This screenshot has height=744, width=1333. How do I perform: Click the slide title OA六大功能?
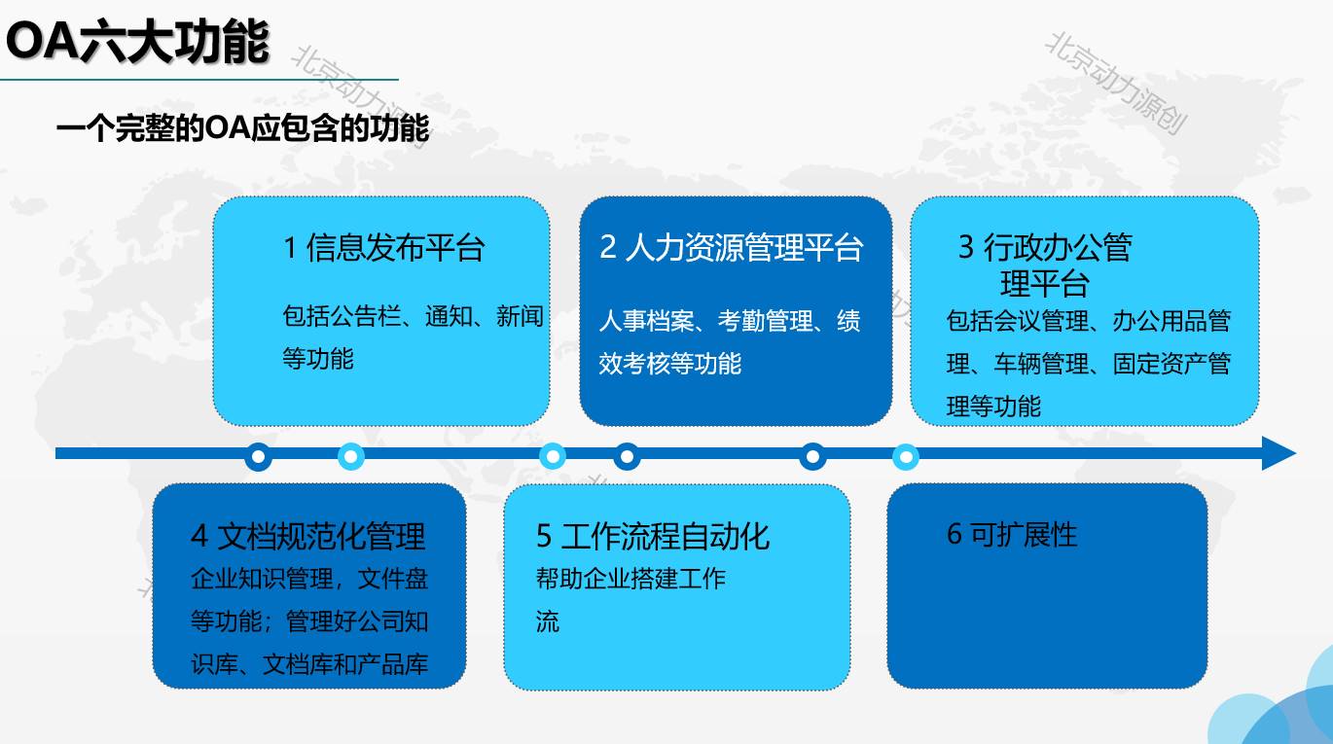tap(137, 41)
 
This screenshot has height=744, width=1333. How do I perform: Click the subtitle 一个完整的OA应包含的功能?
tap(242, 127)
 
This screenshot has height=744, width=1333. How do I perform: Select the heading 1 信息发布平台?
tap(383, 247)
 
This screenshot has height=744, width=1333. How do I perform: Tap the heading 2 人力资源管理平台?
tap(732, 247)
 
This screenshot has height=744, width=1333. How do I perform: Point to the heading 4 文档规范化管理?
tap(308, 536)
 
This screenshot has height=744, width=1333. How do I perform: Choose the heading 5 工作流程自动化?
tap(653, 536)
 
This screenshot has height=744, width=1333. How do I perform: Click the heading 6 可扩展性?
tap(1012, 534)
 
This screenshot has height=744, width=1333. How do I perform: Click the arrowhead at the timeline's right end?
tap(1279, 453)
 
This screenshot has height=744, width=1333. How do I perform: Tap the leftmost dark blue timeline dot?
tap(258, 457)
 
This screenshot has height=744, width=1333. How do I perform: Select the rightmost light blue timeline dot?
tap(906, 457)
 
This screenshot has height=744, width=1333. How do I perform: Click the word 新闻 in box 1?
tap(520, 316)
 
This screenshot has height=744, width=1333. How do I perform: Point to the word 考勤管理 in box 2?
tap(766, 321)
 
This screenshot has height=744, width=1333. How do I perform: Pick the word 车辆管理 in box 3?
tap(1041, 364)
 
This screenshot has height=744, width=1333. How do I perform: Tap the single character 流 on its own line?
tap(548, 621)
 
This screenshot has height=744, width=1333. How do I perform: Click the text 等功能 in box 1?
tap(318, 359)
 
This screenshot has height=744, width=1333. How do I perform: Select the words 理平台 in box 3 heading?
tap(1045, 283)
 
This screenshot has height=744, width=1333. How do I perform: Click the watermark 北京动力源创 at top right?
tap(1117, 83)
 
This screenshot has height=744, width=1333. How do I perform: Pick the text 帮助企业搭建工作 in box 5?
tap(630, 578)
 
